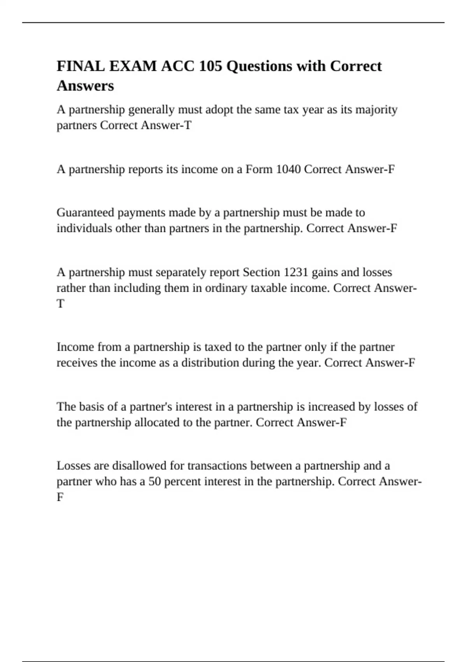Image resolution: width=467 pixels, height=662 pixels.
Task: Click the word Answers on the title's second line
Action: pos(85,86)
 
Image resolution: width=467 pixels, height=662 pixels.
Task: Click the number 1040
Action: pos(288,169)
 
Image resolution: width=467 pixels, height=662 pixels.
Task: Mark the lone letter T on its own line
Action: pos(60,304)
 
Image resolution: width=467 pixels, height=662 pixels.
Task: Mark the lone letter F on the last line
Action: pos(60,497)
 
